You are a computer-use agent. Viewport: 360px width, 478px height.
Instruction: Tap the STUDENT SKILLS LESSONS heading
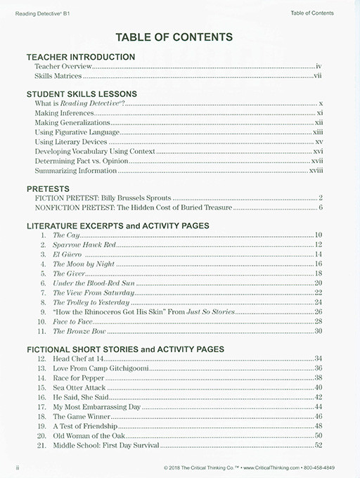[x=82, y=93]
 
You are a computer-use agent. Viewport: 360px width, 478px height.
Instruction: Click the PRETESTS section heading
[x=48, y=189]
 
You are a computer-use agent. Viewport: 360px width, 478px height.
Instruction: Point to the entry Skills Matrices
[x=58, y=75]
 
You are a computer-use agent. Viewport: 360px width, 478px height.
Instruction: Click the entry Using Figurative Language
[x=77, y=131]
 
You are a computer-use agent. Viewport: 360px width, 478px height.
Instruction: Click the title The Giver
[x=68, y=273]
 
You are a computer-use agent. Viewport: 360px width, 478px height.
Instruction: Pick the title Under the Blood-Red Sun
[x=89, y=283]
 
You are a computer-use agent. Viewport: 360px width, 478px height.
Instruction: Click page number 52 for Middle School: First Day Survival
[x=319, y=446]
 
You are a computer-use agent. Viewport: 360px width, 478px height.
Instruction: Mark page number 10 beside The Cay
[x=319, y=234]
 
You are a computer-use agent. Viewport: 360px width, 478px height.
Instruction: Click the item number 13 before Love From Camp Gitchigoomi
[x=40, y=368]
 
